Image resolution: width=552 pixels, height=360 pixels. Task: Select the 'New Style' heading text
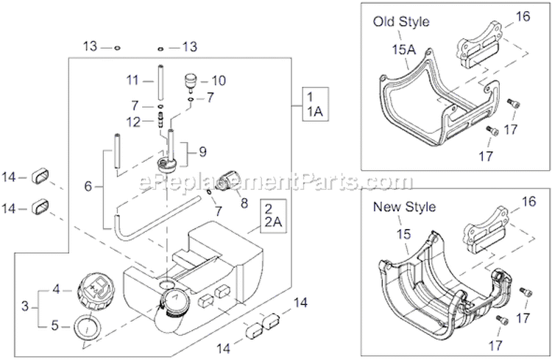point(404,207)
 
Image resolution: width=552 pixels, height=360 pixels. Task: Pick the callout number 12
point(133,121)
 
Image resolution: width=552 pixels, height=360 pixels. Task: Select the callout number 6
point(88,187)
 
